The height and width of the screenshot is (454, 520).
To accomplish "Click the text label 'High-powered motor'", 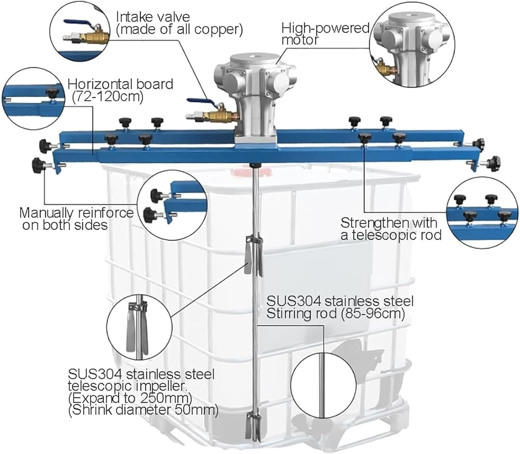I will (x=325, y=34).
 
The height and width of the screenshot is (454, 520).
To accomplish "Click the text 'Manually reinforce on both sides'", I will (x=76, y=219).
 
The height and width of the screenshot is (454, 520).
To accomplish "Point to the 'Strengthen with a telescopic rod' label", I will (x=391, y=229).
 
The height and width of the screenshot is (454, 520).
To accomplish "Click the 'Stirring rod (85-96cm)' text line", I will (x=335, y=314).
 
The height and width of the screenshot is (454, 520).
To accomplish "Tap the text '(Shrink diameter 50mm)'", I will (x=143, y=410).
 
